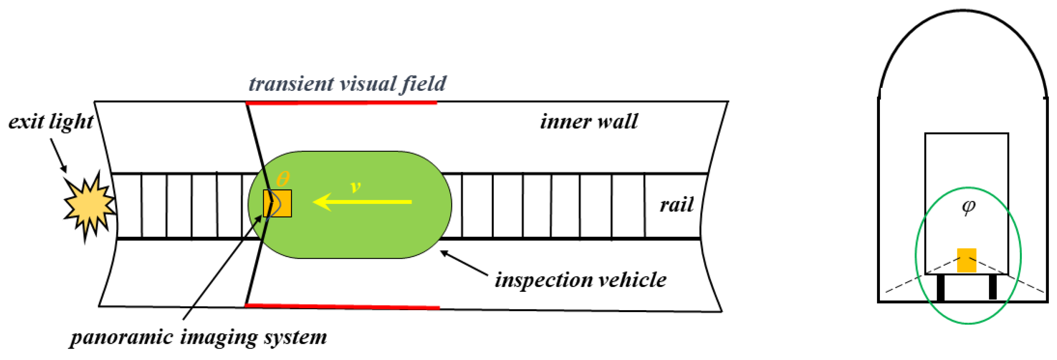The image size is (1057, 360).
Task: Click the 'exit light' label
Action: (51, 122)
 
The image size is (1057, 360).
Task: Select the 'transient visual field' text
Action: (347, 84)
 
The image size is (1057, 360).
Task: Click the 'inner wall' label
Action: (588, 122)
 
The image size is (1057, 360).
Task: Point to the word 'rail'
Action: (676, 205)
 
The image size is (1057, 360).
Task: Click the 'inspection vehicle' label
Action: (580, 281)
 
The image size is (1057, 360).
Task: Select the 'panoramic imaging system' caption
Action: (199, 338)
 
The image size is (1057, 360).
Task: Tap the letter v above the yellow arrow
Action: (355, 187)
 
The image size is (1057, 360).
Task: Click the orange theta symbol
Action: (283, 179)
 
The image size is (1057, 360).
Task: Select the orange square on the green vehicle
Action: (277, 203)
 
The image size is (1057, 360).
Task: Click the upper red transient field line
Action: (341, 103)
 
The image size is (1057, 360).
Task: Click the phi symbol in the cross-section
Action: (968, 207)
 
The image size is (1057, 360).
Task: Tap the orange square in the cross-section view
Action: (966, 260)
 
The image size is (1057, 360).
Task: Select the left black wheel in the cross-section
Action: (940, 288)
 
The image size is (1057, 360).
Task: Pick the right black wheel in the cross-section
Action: (992, 287)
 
